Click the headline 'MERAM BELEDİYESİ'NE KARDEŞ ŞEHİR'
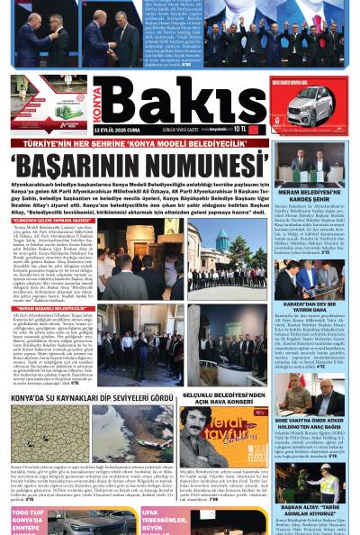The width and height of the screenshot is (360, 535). [323, 195]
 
